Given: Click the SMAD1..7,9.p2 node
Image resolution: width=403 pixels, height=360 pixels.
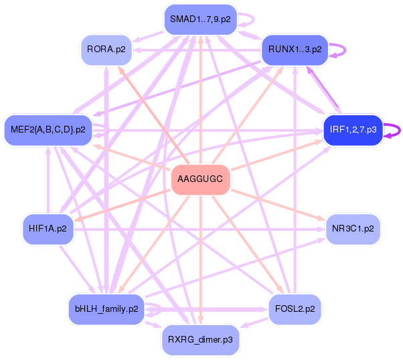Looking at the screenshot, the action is point(200,19).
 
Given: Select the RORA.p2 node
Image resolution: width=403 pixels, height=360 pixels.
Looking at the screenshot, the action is point(106,50).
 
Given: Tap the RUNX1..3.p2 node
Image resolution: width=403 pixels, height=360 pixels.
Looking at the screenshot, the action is point(295,50).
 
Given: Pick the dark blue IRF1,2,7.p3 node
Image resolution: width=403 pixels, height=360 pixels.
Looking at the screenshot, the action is point(353,130).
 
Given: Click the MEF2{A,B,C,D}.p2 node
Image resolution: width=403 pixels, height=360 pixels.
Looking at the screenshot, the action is point(48,130).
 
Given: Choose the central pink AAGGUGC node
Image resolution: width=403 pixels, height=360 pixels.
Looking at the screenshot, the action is point(200,179).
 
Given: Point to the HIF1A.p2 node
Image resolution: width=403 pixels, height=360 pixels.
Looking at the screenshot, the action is point(48,229).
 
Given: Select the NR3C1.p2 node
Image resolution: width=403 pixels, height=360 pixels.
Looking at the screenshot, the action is point(353,229).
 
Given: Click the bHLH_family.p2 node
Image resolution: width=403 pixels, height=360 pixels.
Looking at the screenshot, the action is point(106,309).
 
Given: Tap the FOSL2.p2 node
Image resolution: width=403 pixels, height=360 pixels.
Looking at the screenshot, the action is point(295,309).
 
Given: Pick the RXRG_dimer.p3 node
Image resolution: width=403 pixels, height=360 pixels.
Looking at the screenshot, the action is point(200,340).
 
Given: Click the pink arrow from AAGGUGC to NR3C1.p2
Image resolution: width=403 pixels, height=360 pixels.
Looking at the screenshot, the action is point(278,205).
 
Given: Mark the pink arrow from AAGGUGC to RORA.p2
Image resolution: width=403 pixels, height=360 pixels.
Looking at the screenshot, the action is point(153,115).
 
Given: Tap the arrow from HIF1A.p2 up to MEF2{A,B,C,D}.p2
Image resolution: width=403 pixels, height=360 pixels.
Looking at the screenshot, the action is point(48,179).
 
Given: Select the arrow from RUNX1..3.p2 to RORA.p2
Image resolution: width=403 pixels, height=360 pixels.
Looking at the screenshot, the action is point(197,50).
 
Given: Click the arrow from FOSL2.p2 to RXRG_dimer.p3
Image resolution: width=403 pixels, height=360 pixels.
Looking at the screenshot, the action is point(254,323).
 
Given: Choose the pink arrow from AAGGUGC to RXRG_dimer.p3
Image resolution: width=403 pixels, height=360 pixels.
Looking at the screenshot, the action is point(201,260).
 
